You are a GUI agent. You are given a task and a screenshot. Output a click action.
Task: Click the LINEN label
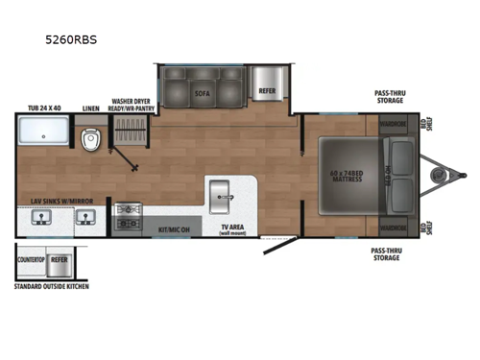[x=91, y=108]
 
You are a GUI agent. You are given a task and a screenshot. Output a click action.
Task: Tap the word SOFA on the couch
[x=202, y=94]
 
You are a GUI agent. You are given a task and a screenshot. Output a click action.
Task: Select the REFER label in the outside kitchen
[x=60, y=257]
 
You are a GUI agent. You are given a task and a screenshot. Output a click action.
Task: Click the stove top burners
[x=127, y=217]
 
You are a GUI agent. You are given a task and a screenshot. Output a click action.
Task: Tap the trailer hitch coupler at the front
[x=443, y=177]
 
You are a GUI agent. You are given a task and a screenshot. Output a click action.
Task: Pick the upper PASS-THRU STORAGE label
[x=389, y=97]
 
